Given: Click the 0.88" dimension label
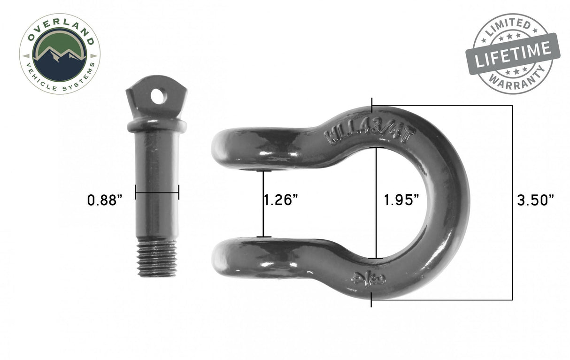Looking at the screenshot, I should [x=105, y=200].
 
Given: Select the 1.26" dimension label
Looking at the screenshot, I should [x=281, y=200].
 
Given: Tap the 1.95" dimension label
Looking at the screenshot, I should [x=401, y=200].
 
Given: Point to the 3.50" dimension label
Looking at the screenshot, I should [x=535, y=200].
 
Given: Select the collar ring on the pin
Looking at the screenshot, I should [x=156, y=125].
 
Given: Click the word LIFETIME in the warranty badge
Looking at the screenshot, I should [x=513, y=54].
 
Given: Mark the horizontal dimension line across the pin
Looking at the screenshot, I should [x=157, y=191].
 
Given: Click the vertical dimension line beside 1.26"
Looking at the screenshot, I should [x=263, y=204].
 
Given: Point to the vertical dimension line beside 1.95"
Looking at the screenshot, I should [x=376, y=203].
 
